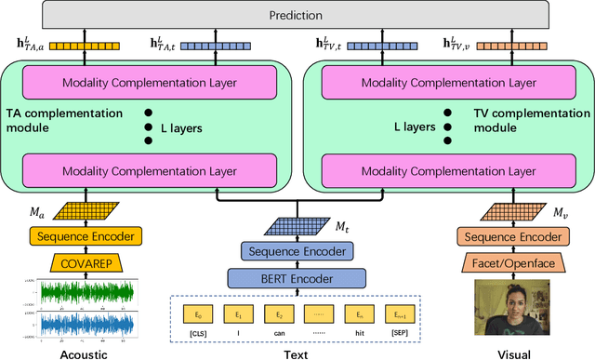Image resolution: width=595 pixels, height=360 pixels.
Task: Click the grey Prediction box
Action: pos(297,16)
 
